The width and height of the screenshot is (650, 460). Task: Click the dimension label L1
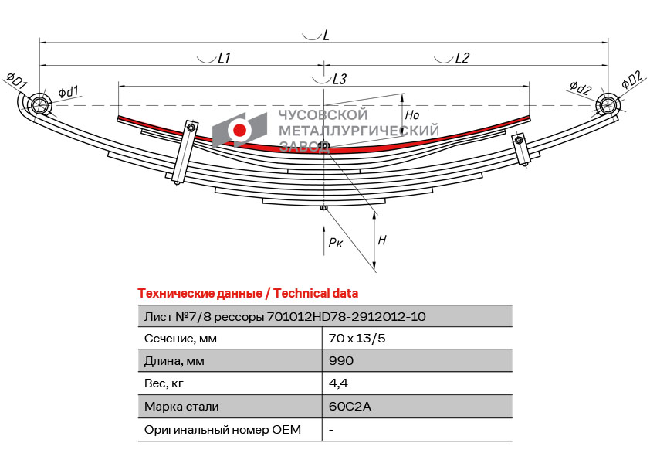point(225,58)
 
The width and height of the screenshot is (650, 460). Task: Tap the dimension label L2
point(462,58)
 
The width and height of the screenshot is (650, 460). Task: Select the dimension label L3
point(339,79)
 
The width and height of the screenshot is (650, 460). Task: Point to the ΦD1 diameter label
point(16,80)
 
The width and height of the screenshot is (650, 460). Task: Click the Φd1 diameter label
point(68,92)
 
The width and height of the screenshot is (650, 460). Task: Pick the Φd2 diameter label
point(581,87)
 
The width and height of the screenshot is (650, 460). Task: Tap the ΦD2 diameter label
point(632,80)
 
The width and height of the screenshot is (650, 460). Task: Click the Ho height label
point(412,114)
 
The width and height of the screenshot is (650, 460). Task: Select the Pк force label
point(336,243)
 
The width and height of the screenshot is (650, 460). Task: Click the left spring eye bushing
point(39,104)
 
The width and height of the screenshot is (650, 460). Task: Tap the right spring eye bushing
point(607,104)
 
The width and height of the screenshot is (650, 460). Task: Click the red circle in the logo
point(239,130)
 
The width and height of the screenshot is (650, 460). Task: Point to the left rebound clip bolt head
point(191,128)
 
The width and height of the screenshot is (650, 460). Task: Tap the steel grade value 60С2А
point(350,406)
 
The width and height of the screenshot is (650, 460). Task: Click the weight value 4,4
point(338,383)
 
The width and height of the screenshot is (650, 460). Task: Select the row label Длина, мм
point(174,361)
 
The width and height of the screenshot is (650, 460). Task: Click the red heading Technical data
point(316,294)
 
